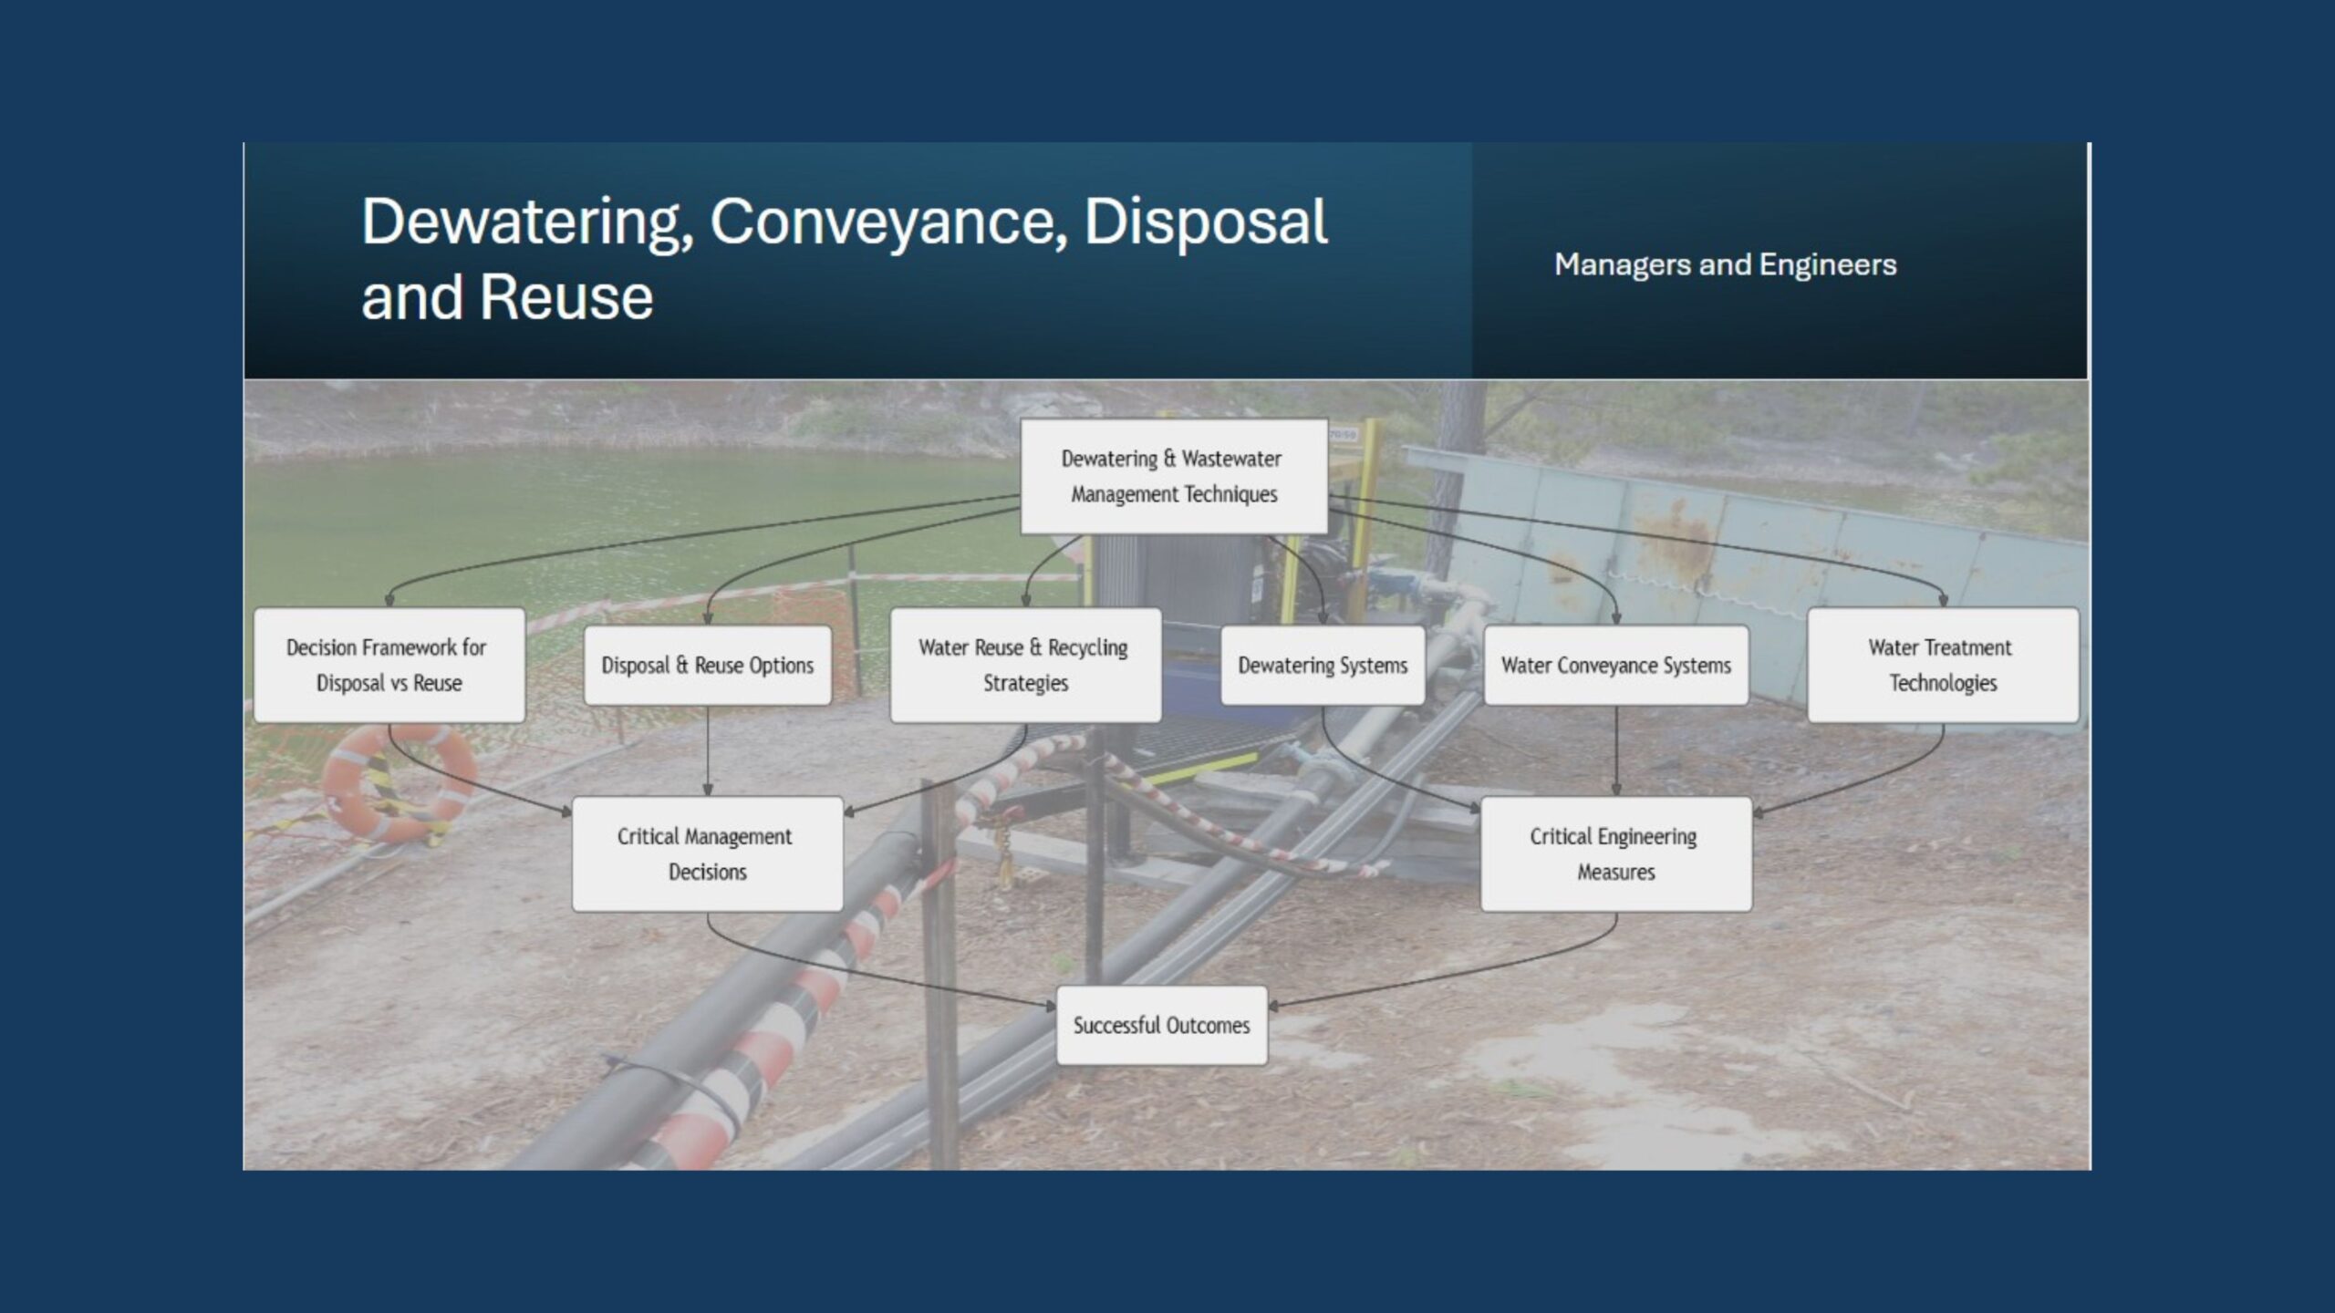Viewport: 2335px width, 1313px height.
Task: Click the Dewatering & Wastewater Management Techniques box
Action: [x=1173, y=476]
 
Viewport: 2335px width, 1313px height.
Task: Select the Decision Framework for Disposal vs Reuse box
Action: [x=389, y=665]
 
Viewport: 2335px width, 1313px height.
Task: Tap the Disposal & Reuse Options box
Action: [x=707, y=665]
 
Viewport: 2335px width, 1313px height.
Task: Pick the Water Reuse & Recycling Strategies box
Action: [x=1024, y=665]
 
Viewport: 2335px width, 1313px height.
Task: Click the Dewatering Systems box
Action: [x=1322, y=665]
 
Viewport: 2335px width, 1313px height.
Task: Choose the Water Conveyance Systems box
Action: [x=1615, y=665]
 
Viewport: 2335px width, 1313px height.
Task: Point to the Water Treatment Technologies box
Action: [x=1942, y=665]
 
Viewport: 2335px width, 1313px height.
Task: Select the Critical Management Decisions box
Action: [x=707, y=853]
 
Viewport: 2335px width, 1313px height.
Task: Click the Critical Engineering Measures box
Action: [x=1614, y=853]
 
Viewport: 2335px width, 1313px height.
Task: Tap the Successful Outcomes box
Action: [x=1161, y=1025]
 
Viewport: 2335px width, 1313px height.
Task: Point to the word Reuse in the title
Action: [x=566, y=298]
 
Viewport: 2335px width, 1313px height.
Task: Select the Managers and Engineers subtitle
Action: [x=1725, y=264]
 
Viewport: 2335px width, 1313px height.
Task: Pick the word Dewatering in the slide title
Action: [x=525, y=222]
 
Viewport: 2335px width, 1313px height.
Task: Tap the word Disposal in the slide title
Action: [x=1205, y=222]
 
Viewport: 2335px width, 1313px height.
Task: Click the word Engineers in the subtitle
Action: [x=1827, y=264]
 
